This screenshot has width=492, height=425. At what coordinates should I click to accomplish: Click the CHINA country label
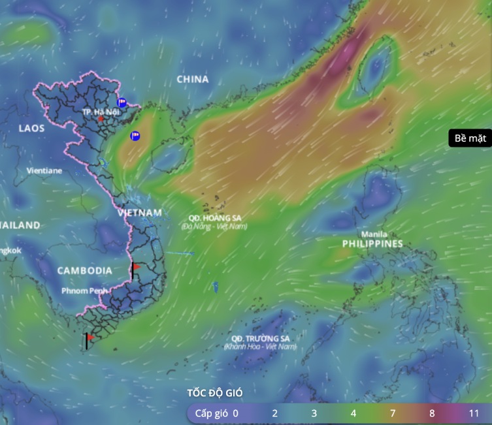193,79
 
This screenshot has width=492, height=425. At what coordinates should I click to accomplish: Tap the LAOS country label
31,128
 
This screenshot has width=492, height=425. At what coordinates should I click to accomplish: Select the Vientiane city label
44,170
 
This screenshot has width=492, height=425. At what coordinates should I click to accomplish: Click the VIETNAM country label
140,213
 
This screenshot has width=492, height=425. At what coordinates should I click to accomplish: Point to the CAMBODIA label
84,270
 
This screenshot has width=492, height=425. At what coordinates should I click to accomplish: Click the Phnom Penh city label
85,290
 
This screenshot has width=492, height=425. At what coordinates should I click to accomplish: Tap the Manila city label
374,234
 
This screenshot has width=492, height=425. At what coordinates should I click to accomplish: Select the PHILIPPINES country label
372,244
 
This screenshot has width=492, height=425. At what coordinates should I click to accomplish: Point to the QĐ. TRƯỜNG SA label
259,338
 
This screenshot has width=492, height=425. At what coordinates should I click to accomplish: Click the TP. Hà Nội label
101,112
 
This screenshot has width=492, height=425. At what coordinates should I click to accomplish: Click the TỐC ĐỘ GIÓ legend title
215,392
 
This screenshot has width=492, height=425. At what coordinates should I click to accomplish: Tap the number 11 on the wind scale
474,413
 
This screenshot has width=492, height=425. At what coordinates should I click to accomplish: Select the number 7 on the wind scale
393,413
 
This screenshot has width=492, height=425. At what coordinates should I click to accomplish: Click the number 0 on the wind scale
235,413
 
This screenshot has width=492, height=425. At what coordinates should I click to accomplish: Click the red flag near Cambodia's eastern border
135,268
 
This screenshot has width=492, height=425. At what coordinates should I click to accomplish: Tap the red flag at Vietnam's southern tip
89,338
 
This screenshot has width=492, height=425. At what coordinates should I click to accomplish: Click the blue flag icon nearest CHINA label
122,102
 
